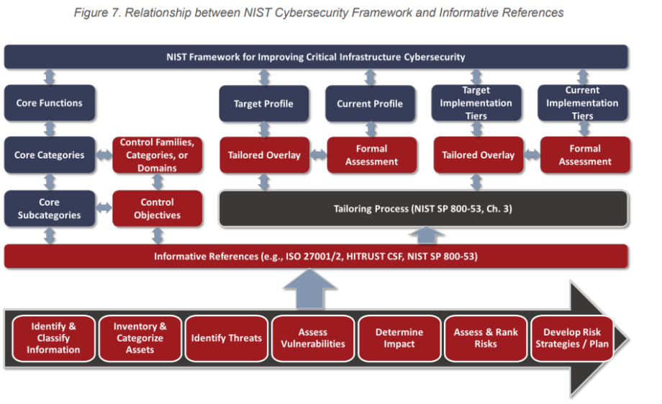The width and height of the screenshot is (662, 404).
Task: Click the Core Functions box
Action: pos(49,103)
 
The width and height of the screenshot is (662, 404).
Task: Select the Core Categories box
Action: pos(49,155)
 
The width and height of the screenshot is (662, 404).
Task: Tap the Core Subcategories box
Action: pos(49,209)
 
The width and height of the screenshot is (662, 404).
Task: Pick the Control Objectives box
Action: pos(157,209)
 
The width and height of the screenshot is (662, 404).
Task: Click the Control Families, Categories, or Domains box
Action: pos(157,155)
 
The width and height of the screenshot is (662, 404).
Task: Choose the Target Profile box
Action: pos(263,104)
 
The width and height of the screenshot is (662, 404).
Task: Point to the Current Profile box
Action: pos(370,104)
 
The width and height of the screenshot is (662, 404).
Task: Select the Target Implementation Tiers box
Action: pos(476,103)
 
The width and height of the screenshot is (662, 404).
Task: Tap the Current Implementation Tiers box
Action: pos(583,103)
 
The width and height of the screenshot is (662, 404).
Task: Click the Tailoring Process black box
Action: pos(423,209)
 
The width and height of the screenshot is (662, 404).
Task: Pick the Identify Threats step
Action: pos(227,338)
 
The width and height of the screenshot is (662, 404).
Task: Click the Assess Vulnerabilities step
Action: pos(313,338)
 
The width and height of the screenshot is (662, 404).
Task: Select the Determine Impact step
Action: pos(399,338)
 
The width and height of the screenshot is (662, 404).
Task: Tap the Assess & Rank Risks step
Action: pos(486,338)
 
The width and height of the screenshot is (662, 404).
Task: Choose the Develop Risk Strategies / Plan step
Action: pos(572,338)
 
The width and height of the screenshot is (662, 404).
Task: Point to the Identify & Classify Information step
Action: pos(53,338)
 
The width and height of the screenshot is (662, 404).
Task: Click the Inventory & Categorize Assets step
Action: pos(140,338)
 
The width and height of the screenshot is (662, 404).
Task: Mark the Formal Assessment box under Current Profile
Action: pos(371,155)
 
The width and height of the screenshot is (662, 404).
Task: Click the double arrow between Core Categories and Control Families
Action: pos(104,155)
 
